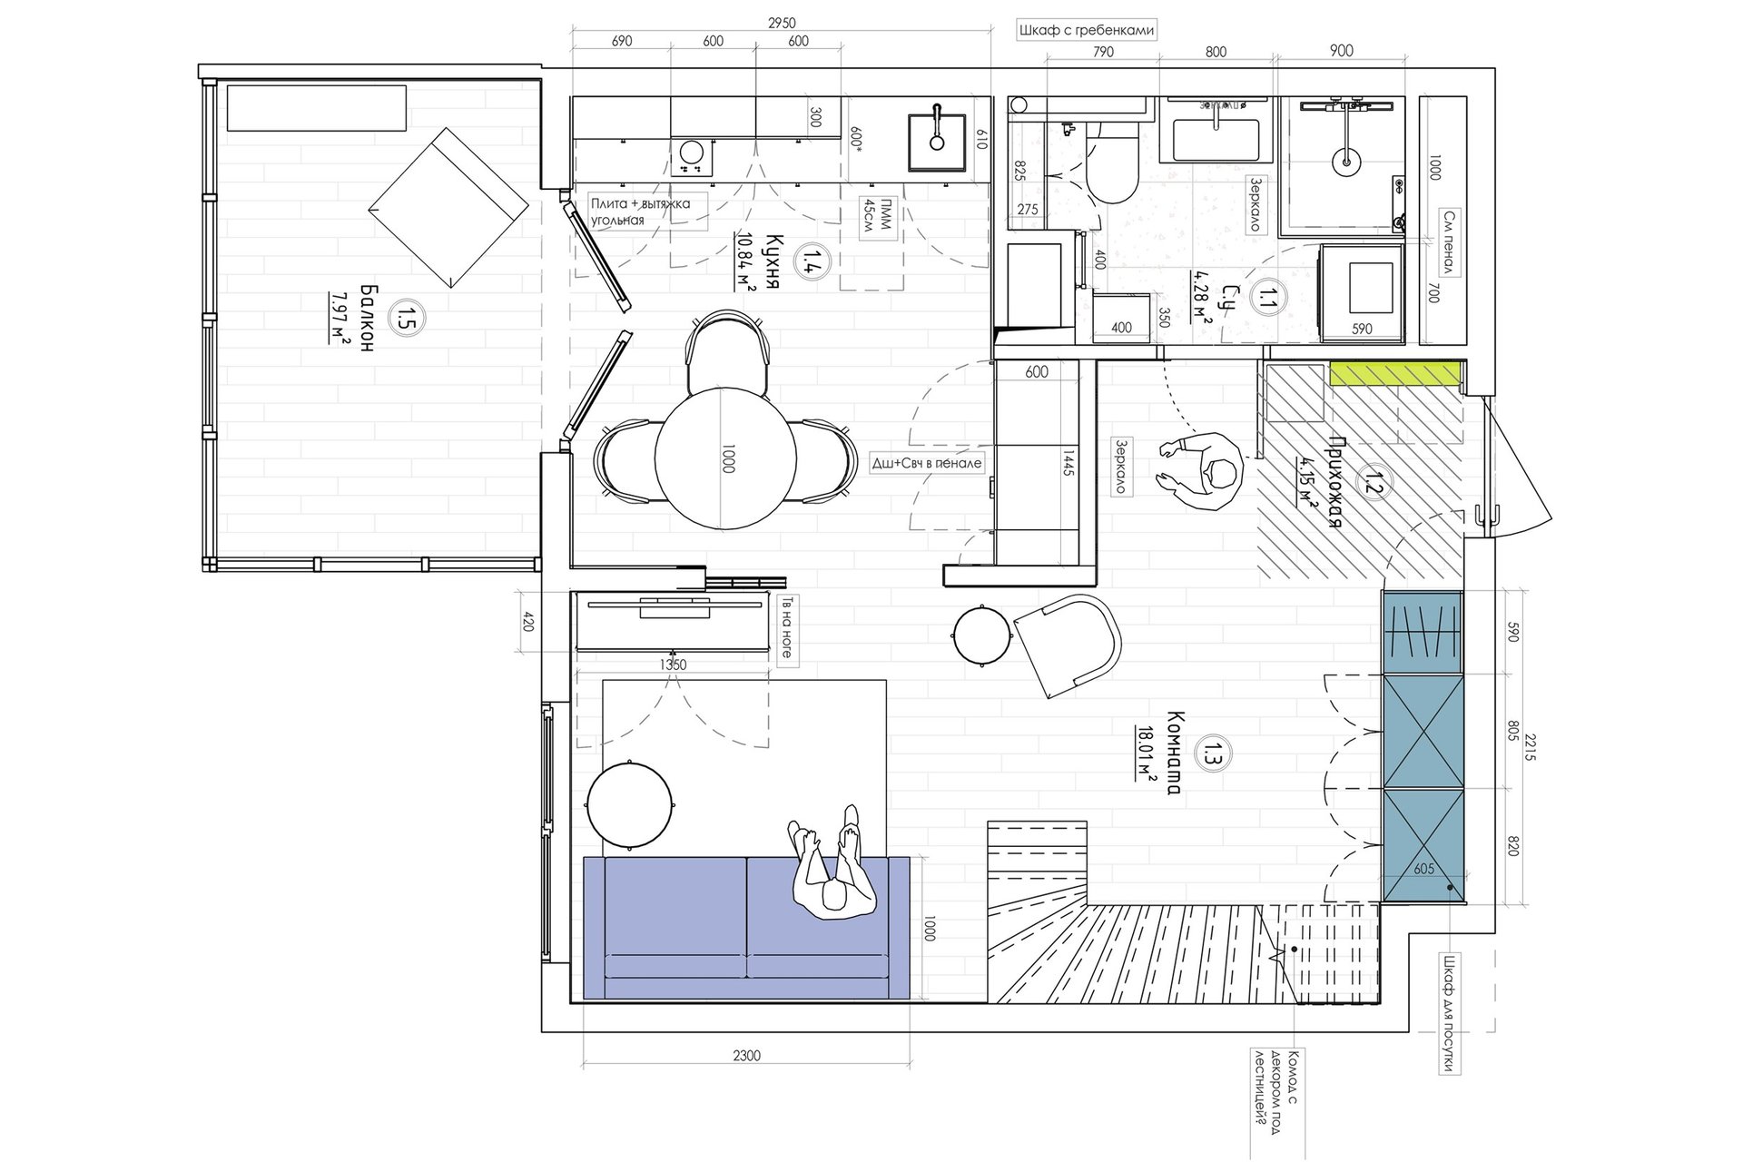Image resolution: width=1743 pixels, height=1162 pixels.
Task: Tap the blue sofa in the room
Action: point(745,928)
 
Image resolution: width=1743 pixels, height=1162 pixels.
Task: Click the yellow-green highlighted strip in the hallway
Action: point(1393,372)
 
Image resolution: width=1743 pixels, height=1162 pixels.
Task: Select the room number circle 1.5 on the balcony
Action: point(400,317)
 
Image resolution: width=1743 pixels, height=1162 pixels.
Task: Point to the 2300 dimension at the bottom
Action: point(746,1055)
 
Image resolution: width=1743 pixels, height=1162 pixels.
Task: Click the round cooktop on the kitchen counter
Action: point(692,157)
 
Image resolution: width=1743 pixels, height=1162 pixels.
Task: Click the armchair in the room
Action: point(1068,645)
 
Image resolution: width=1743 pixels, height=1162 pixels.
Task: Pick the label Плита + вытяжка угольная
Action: point(640,212)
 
